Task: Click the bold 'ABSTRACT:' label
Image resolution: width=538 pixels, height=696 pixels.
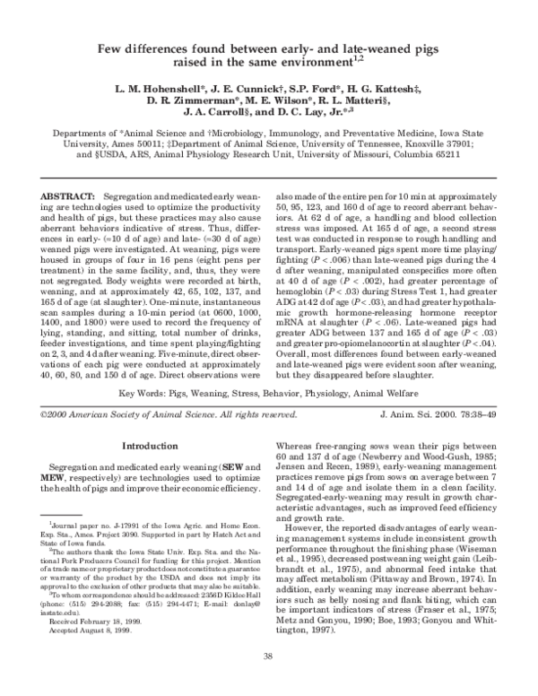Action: [x=70, y=195]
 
